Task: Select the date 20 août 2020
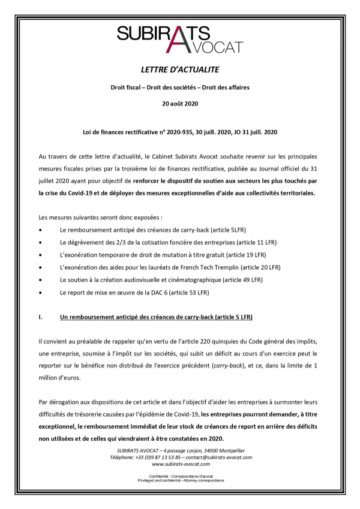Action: [x=180, y=104]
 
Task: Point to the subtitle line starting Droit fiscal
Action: [x=180, y=88]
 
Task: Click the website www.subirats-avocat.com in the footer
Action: [x=180, y=464]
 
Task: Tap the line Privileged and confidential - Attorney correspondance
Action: [x=180, y=480]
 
